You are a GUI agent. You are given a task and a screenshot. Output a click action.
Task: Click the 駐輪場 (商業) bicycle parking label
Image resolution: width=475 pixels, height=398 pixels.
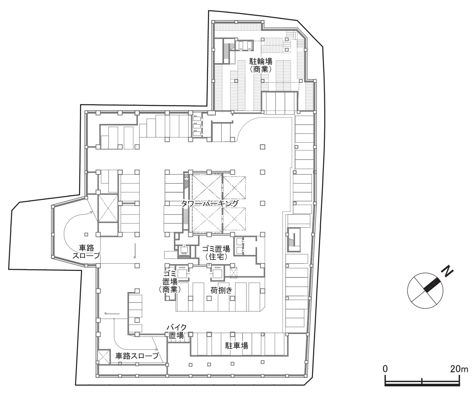[x=261, y=65]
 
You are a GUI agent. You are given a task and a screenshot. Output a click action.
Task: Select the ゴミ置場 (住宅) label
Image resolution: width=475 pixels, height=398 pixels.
[x=216, y=253]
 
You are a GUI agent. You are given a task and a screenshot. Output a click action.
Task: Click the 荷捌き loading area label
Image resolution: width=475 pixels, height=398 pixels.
[x=221, y=291]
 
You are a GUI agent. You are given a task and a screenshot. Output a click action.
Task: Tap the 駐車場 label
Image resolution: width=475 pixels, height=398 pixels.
[x=237, y=346]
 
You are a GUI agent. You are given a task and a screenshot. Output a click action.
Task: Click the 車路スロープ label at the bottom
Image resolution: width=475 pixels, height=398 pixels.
[x=137, y=356]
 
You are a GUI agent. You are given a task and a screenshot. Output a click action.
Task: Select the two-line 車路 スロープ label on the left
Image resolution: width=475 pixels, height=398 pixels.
[x=86, y=251]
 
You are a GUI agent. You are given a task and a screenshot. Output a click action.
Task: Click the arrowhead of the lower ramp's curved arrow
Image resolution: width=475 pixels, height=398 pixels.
[x=156, y=349]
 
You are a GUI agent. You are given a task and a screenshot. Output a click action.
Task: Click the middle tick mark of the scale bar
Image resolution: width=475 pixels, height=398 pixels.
[x=422, y=381]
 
